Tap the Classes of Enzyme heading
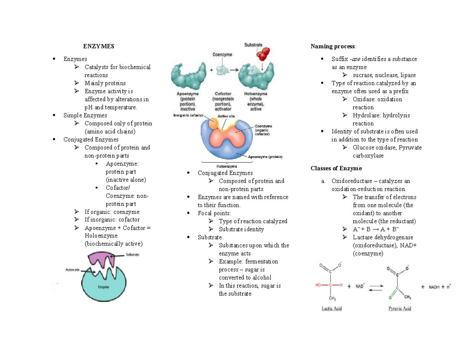pos(336,168)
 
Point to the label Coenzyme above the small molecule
pos(222,55)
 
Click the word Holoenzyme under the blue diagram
pos(228,166)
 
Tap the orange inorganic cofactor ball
pos(213,123)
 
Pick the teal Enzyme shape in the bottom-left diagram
pos(103,285)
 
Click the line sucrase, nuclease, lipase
pos(384,75)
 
